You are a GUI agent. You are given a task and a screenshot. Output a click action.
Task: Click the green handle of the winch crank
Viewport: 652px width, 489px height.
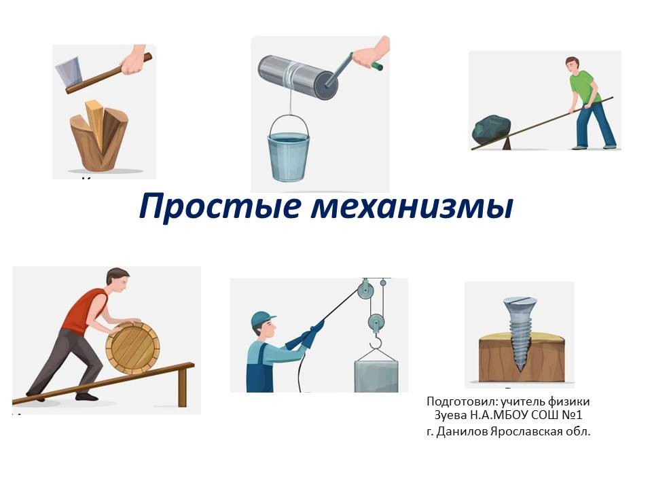click(x=378, y=65)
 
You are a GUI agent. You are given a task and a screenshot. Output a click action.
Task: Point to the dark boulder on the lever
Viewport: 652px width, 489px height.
click(x=491, y=130)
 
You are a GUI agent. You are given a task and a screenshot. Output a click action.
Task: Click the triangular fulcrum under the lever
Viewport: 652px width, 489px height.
click(x=507, y=144)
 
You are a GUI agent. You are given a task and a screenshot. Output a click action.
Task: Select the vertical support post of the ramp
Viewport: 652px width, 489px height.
click(x=182, y=387)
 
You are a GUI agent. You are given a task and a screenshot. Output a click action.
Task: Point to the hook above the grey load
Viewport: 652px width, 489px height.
click(x=376, y=342)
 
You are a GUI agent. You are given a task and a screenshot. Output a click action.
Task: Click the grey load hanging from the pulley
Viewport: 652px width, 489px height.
click(x=376, y=376)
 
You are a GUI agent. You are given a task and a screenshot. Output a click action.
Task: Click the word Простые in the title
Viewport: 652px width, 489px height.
click(x=219, y=206)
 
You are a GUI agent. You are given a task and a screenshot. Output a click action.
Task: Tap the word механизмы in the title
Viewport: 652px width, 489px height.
click(x=412, y=206)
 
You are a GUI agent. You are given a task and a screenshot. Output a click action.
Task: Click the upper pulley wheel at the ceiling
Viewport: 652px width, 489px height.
click(x=365, y=290)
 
